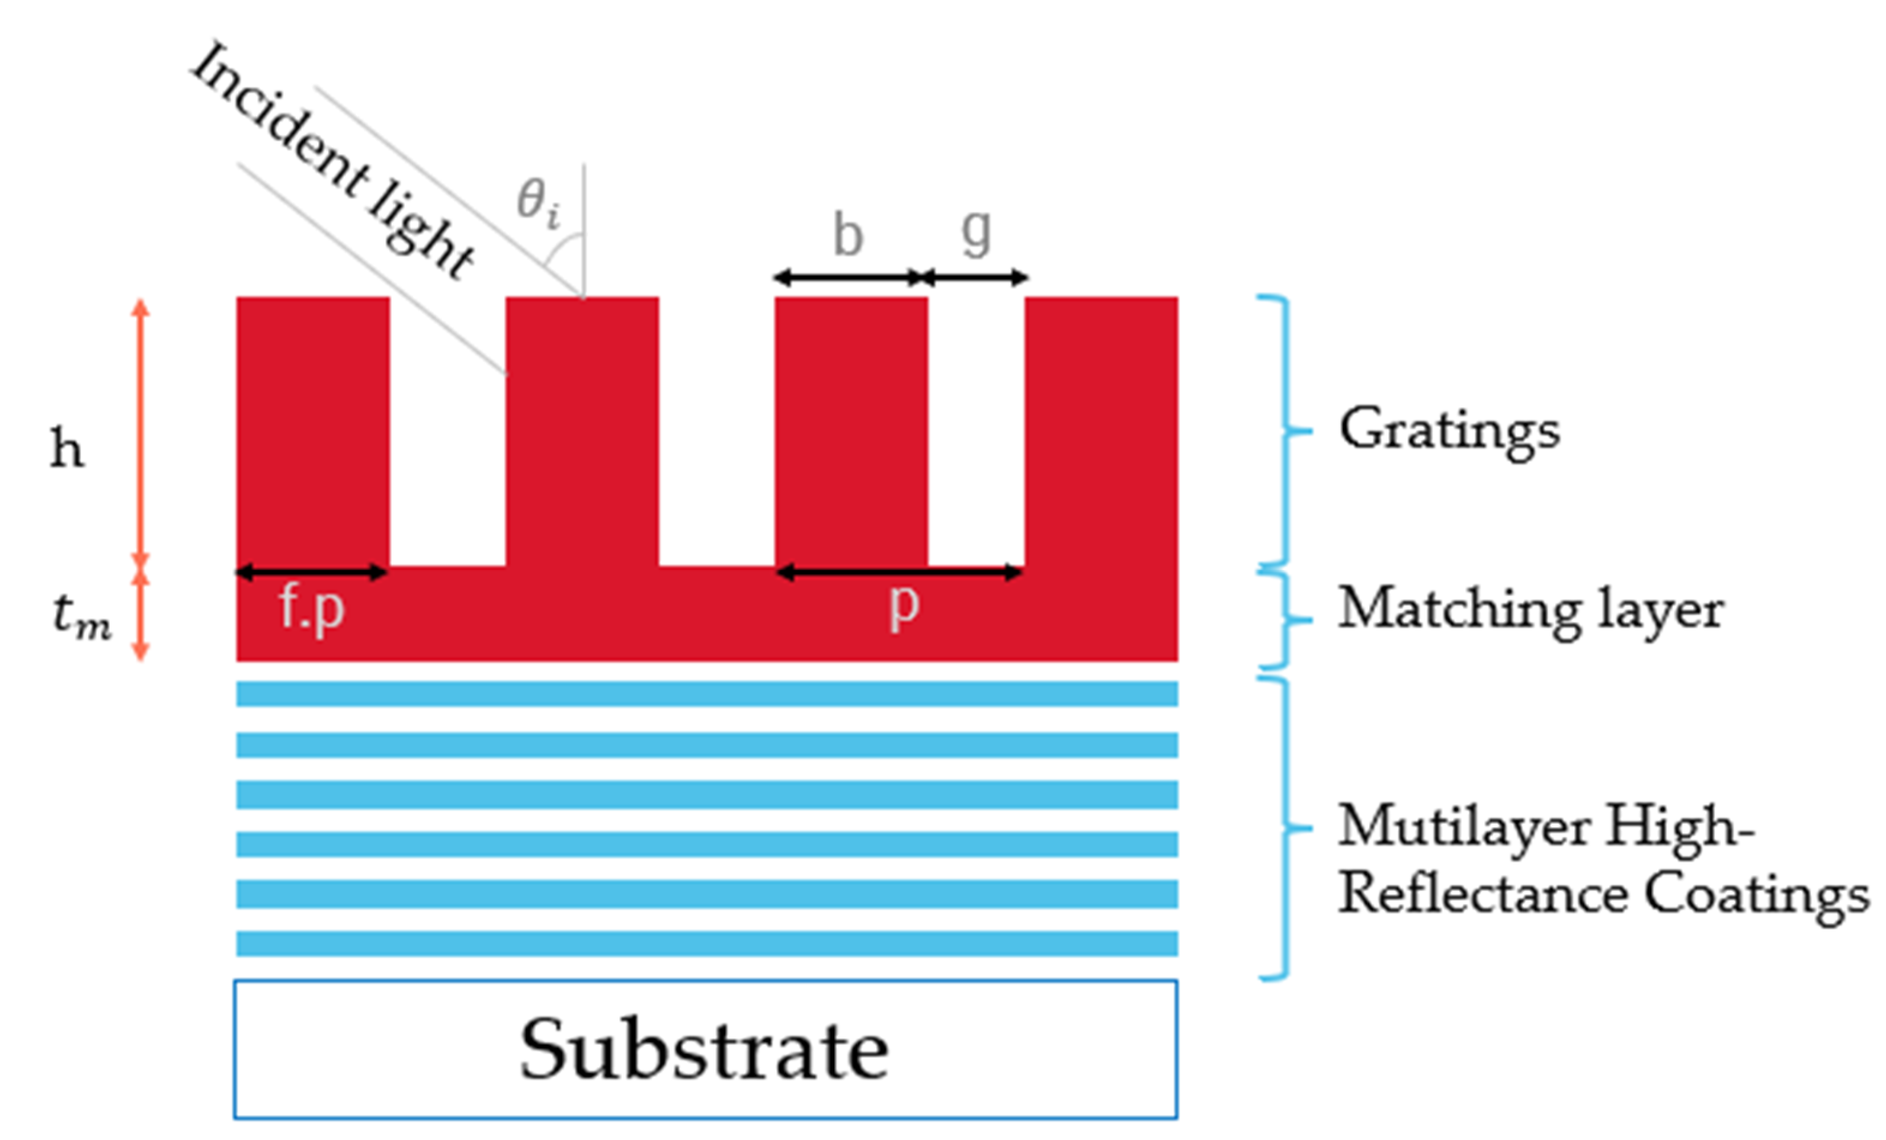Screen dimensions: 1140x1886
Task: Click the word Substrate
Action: pyautogui.click(x=704, y=1051)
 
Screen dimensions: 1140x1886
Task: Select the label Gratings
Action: pyautogui.click(x=1448, y=431)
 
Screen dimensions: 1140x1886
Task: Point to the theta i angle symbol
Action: pyautogui.click(x=538, y=202)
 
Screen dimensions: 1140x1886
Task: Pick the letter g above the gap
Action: pyautogui.click(x=976, y=233)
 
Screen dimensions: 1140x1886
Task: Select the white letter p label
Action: pyautogui.click(x=903, y=607)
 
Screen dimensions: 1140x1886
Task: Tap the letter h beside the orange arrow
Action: pyautogui.click(x=67, y=449)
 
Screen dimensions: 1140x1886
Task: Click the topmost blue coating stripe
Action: pyautogui.click(x=706, y=694)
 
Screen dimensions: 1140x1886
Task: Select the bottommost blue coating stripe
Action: pyautogui.click(x=706, y=943)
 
